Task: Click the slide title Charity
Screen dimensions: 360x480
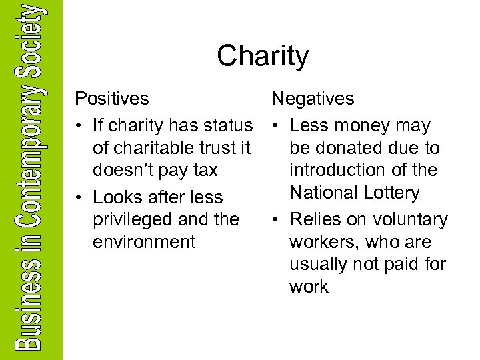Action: pyautogui.click(x=263, y=57)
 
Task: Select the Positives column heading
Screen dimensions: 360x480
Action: pyautogui.click(x=112, y=99)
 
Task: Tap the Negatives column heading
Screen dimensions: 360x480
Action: pyautogui.click(x=313, y=99)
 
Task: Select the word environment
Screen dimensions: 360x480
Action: pyautogui.click(x=144, y=242)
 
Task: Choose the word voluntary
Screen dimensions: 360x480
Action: pyautogui.click(x=408, y=220)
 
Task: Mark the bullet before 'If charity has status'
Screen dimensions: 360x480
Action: pyautogui.click(x=79, y=126)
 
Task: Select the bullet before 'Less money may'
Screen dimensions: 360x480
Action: pyautogui.click(x=275, y=126)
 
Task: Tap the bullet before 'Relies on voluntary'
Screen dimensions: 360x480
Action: pyautogui.click(x=275, y=220)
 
